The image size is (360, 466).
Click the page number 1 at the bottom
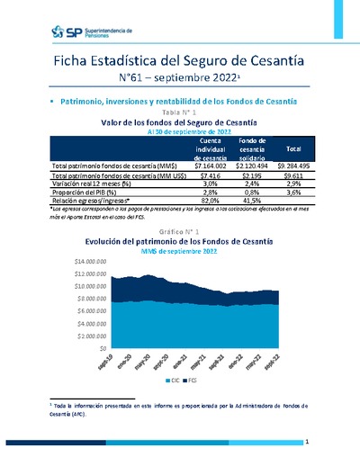point(307,442)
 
